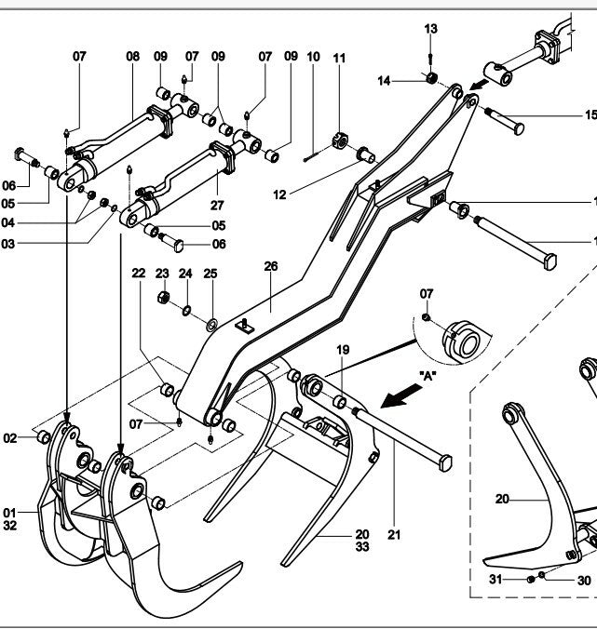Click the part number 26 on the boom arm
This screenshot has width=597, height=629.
271,267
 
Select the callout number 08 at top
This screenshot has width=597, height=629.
132,57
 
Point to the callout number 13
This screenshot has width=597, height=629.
430,30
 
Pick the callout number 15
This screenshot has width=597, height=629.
590,115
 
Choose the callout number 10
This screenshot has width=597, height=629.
313,57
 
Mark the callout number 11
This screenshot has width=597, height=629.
339,58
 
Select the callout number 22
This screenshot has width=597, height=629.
138,274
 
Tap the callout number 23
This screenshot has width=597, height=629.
161,274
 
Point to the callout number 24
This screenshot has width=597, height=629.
185,274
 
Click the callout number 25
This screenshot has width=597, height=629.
210,274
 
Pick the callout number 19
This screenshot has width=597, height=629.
343,350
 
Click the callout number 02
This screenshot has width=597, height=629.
11,436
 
